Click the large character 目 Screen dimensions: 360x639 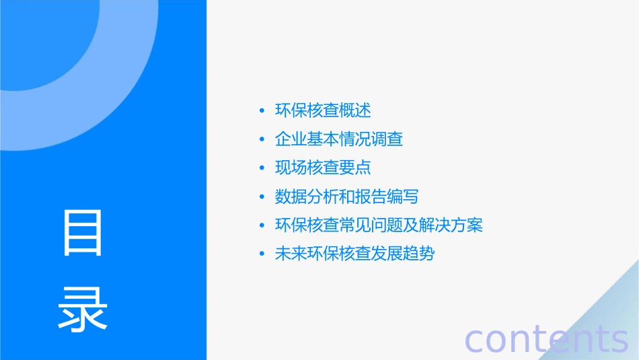point(83,233)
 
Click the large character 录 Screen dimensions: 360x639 point(83,308)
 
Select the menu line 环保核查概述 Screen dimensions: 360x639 point(323,110)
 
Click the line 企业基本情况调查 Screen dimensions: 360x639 point(339,139)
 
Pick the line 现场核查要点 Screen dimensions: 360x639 point(323,168)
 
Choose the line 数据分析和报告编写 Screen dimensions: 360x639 point(347,196)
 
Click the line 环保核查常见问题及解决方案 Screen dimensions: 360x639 point(379,225)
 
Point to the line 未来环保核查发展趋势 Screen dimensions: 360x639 point(355,254)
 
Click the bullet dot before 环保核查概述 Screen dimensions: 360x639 point(262,111)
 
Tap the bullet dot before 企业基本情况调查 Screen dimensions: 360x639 point(262,140)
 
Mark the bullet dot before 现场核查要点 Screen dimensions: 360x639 point(262,168)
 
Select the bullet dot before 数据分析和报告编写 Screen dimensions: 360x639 point(262,197)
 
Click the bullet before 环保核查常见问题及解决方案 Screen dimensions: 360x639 point(262,225)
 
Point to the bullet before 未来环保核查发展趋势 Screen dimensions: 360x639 point(262,254)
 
